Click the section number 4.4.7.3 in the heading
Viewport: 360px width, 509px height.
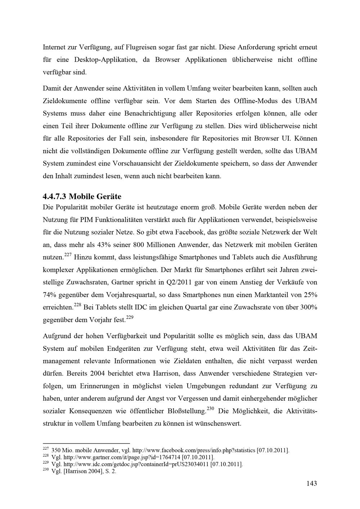point(54,196)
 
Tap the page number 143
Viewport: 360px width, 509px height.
point(312,483)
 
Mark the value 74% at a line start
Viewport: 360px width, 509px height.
point(50,295)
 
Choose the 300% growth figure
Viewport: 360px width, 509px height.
point(307,308)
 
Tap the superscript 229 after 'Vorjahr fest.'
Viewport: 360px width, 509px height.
point(130,317)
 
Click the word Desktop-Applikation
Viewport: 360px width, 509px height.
point(106,59)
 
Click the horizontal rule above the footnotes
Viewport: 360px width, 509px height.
point(86,444)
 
